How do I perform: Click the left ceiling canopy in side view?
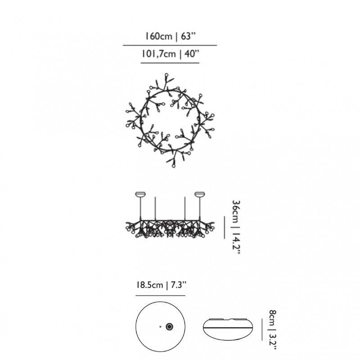tap(140, 195)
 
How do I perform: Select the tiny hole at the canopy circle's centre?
tap(160, 326)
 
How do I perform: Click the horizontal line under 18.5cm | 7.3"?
tap(160, 295)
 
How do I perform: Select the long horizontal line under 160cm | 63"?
tap(170, 45)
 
